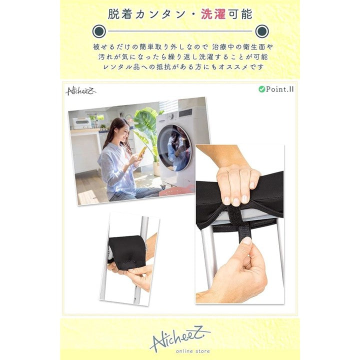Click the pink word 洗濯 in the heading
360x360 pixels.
point(213,14)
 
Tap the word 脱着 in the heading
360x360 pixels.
point(120,14)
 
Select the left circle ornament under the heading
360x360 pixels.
point(99,31)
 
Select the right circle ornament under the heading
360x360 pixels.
point(262,31)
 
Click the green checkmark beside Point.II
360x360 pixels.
point(261,89)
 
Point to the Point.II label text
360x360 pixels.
point(279,89)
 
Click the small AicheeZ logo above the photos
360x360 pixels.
point(80,91)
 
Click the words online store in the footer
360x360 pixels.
point(193,351)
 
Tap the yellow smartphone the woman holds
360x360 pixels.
point(142,151)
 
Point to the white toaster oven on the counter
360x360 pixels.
point(82,123)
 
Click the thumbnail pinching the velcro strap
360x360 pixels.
point(247,241)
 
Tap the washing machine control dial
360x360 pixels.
point(171,116)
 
